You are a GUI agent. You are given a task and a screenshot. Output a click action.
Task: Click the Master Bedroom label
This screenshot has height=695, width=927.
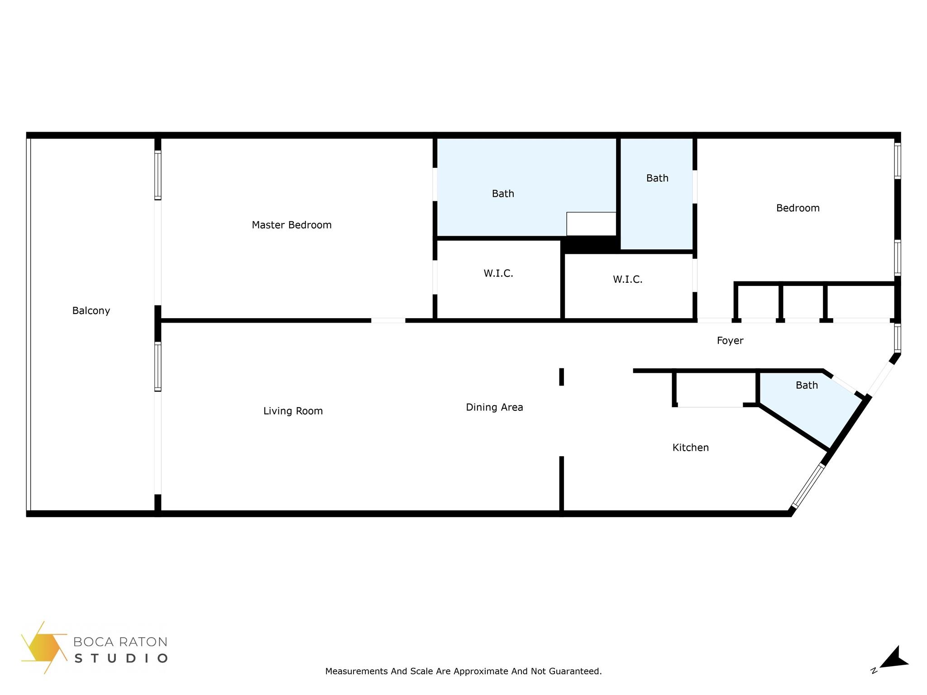(x=291, y=225)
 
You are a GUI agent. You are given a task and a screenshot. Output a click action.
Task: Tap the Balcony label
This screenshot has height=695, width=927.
(x=91, y=311)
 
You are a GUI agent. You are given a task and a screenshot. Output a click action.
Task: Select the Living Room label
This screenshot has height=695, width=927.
(x=293, y=411)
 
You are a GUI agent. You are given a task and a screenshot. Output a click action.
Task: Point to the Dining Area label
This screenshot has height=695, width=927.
(x=494, y=407)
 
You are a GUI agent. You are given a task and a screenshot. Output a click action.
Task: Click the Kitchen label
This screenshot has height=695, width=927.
(x=690, y=447)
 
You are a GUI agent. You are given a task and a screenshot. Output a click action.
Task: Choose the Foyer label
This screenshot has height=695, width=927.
(x=730, y=341)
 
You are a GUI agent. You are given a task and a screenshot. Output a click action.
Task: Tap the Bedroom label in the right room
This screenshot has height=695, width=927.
(x=798, y=208)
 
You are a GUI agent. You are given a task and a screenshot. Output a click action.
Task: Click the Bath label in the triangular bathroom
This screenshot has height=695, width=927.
(x=807, y=385)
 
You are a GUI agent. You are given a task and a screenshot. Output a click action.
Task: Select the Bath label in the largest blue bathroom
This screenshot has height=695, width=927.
(x=503, y=194)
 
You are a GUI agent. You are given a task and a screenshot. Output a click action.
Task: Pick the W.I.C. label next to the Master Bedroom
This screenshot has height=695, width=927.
(x=498, y=273)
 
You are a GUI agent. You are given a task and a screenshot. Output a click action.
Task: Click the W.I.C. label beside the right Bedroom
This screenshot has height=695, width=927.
(x=627, y=280)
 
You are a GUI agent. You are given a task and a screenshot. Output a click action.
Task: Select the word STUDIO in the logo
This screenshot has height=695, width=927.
(x=121, y=658)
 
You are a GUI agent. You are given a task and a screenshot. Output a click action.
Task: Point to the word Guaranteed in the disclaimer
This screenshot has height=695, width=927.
(x=575, y=671)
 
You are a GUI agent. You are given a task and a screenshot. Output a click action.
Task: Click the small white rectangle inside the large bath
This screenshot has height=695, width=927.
(x=591, y=224)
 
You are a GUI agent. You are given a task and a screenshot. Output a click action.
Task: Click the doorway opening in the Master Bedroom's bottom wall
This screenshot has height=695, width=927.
(x=388, y=320)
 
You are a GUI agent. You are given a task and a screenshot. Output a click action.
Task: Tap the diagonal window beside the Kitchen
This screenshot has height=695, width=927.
(x=808, y=485)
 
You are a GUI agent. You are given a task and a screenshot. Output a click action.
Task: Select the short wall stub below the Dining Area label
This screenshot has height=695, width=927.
(x=561, y=484)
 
